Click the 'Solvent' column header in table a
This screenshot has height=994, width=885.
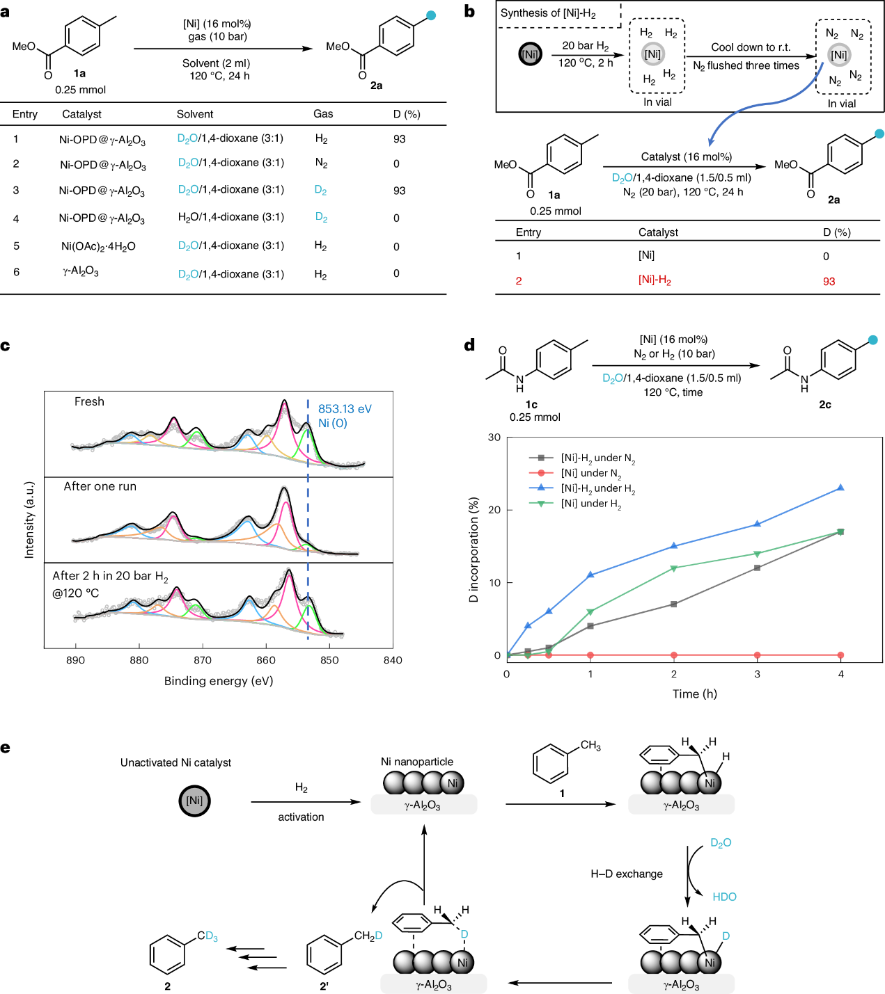click(195, 114)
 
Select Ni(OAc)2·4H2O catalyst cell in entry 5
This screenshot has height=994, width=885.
click(98, 246)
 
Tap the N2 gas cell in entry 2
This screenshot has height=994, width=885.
click(321, 163)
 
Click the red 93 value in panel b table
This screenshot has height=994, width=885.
click(829, 282)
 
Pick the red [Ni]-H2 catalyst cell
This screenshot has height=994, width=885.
click(655, 280)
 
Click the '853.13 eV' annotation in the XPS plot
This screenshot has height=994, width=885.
click(345, 409)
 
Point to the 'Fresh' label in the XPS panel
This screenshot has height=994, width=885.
click(89, 401)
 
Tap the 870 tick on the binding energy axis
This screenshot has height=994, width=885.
click(203, 660)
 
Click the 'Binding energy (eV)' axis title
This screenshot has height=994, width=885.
click(219, 681)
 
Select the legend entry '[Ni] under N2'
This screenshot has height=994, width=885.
click(590, 474)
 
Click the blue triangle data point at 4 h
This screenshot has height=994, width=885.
click(840, 488)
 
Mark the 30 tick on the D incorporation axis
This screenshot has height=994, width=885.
click(494, 438)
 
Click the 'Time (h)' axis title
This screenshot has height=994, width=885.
click(694, 694)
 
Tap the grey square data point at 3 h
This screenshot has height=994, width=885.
click(757, 568)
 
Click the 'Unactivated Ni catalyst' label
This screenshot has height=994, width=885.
click(175, 762)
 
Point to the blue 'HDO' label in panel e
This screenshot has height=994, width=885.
click(724, 897)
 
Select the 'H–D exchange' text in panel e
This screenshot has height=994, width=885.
click(627, 874)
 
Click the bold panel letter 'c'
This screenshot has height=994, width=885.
click(6, 346)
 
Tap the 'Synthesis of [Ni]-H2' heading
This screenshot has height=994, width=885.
click(548, 13)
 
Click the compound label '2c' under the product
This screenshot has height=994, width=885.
click(824, 405)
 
